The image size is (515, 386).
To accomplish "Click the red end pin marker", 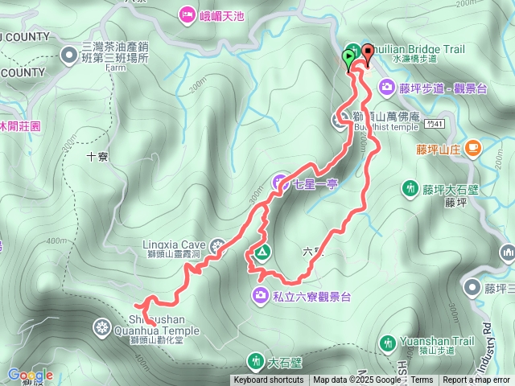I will pos(368,52).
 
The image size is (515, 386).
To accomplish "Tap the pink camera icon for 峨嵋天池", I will pos(187,14).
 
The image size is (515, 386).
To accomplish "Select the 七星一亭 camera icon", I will pos(281,184).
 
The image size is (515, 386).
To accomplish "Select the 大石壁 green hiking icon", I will pos(257,361).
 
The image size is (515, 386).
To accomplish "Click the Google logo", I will pos(31,375).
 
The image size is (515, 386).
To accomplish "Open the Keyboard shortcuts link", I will pos(269,380).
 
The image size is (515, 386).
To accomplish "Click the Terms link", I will pos(422,380).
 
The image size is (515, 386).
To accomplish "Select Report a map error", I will pos(476,380).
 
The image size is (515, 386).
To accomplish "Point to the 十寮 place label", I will pos(97,158).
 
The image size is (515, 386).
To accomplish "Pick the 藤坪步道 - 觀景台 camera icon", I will pos(387,87).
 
